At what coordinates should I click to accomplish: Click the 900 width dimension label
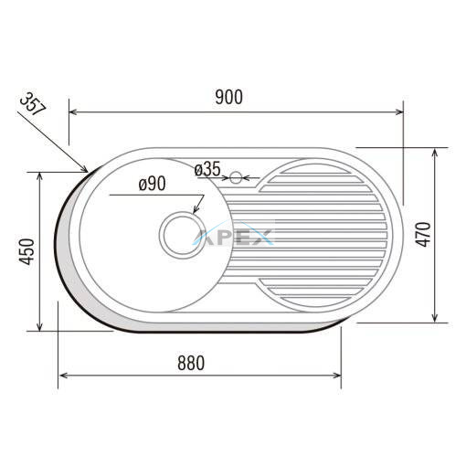coord(228,98)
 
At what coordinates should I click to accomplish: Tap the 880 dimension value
coord(191,363)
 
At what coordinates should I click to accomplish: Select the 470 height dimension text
coord(424,235)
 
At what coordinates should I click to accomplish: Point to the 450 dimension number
coord(26,251)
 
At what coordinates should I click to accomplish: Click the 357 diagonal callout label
coord(33,104)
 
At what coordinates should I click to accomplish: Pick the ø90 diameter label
coord(153,184)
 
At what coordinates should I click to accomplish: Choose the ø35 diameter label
coord(207,169)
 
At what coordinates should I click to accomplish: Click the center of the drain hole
coord(182,235)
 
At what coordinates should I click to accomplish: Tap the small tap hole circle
coord(236,177)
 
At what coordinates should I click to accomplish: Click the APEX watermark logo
coord(233,236)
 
